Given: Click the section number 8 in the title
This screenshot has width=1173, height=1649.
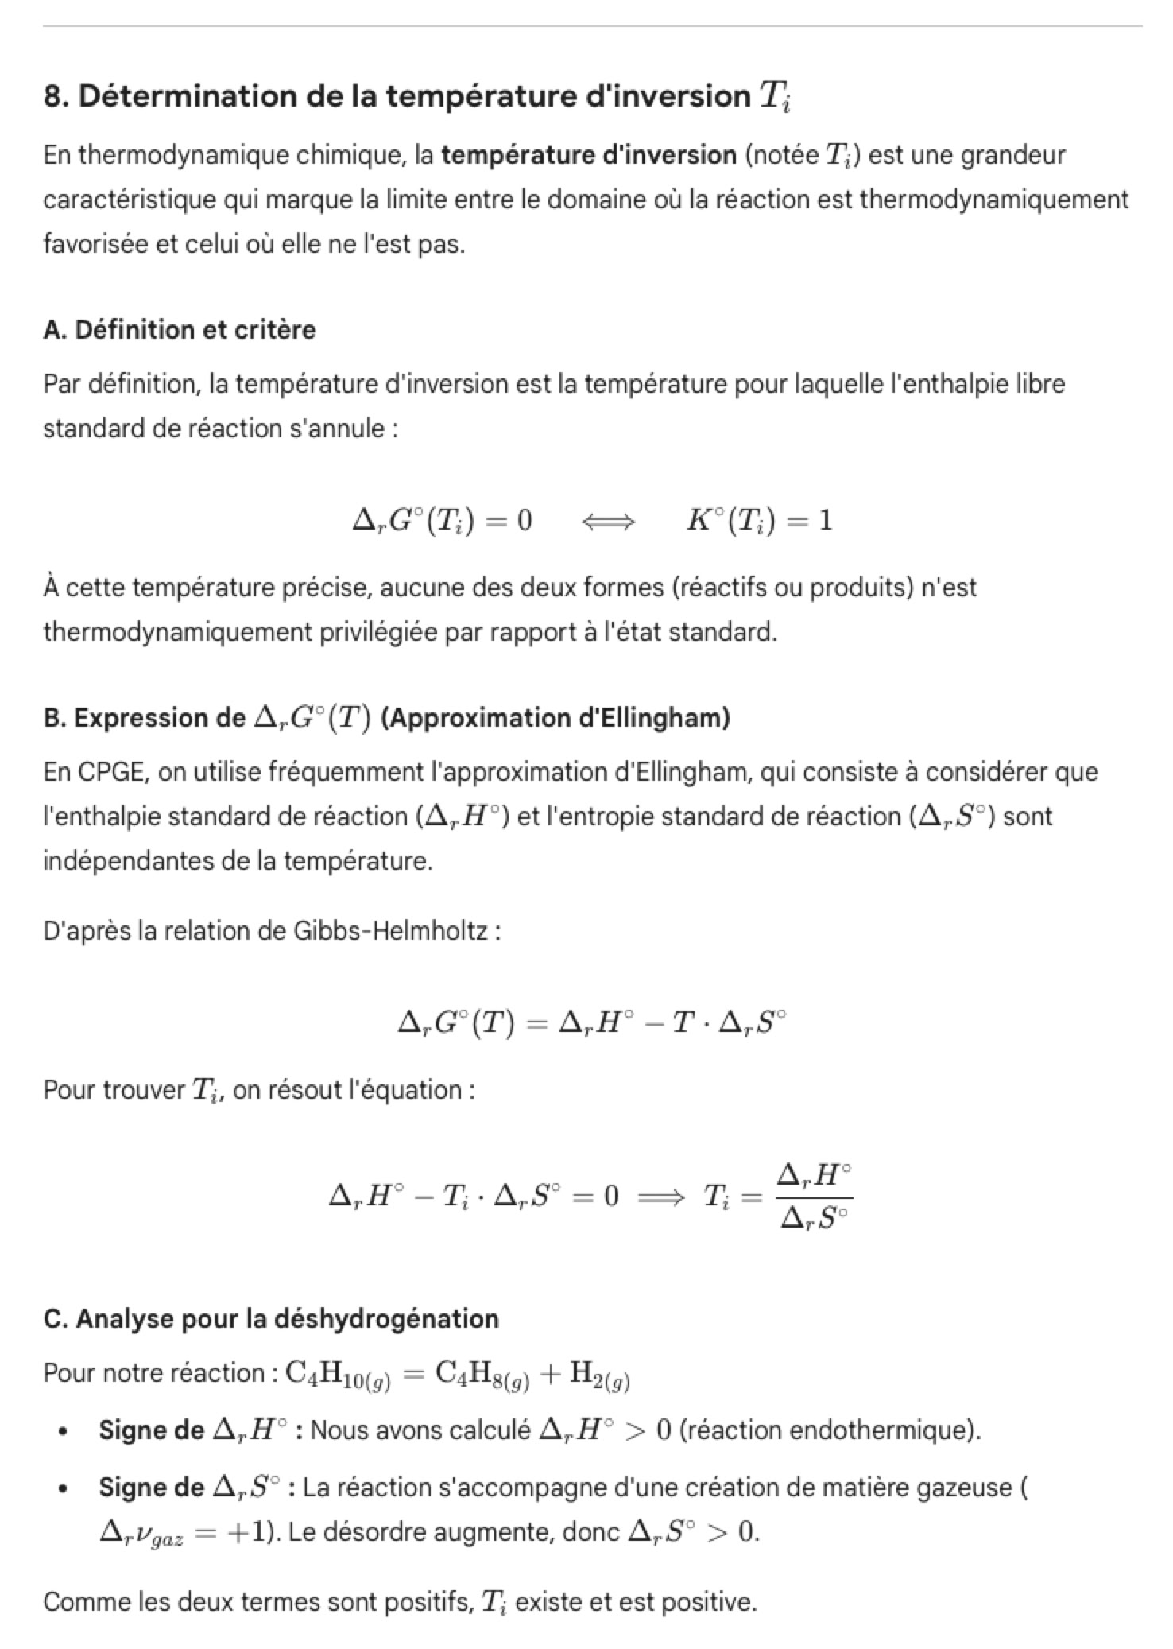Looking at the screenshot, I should point(52,96).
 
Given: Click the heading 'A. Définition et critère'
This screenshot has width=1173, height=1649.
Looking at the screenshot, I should point(179,329).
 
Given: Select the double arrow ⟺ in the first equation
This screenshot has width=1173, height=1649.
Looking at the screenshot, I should point(608,522).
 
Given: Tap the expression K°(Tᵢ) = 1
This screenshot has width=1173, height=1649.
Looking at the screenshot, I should point(759,521).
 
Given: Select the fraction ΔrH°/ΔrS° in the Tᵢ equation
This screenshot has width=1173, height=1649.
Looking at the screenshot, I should point(815,1195).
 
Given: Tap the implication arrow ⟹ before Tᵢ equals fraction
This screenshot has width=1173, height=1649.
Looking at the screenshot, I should point(661,1196).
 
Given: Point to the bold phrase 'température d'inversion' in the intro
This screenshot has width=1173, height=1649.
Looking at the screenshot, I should point(589,154).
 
